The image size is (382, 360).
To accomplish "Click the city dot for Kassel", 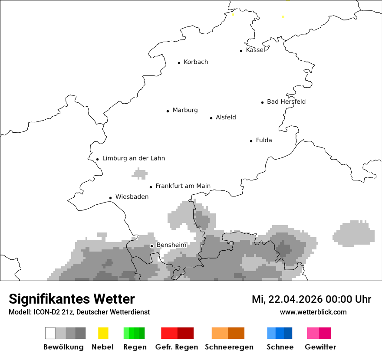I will tap(241, 51).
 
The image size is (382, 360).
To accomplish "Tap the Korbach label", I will tap(196, 62).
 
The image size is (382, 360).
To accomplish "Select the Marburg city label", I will tap(185, 110).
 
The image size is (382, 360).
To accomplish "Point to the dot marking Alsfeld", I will tap(211, 118).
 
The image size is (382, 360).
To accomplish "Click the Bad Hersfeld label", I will tap(286, 101).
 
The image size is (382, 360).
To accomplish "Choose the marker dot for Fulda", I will tap(251, 141).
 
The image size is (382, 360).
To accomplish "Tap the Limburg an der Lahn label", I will tap(133, 158).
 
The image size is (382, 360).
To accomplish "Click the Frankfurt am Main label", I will tap(183, 186).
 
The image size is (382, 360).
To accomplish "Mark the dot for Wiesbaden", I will tap(111, 198).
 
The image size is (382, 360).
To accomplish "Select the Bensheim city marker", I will tap(152, 246).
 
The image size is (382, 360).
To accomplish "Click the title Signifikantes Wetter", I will tap(72, 299).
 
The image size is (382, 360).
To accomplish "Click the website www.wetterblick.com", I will tap(313, 312).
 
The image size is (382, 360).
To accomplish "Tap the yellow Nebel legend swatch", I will tap(103, 333).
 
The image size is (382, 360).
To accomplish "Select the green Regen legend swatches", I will tap(134, 333).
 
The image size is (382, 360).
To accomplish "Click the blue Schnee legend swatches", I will tap(280, 333).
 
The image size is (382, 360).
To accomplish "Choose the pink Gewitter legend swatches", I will tap(319, 333).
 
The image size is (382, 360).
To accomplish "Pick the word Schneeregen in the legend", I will tap(228, 347).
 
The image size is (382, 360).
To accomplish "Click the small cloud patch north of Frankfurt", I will tap(140, 174).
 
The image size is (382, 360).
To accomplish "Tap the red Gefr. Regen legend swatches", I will tap(177, 333).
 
